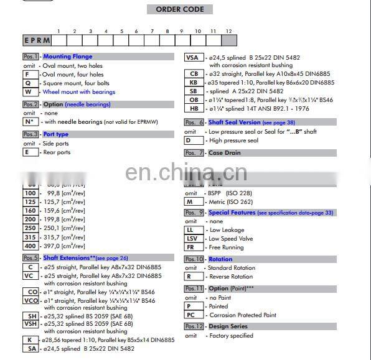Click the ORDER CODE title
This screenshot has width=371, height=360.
point(180,9)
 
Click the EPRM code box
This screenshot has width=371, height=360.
point(37,40)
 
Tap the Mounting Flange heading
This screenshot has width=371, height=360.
point(67,57)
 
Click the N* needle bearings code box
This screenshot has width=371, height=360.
point(30,122)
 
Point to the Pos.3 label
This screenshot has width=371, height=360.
point(31,134)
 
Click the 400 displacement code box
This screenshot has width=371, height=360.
point(30,246)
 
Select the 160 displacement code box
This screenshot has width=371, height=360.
point(30,211)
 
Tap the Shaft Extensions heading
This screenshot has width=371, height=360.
point(68,258)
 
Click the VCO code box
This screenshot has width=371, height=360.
point(30,301)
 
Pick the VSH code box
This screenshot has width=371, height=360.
point(30,323)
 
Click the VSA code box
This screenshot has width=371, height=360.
point(193,58)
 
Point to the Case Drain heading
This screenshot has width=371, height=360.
point(224,153)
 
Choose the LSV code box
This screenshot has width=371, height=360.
point(192,239)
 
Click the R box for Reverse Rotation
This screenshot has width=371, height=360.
point(191,277)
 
